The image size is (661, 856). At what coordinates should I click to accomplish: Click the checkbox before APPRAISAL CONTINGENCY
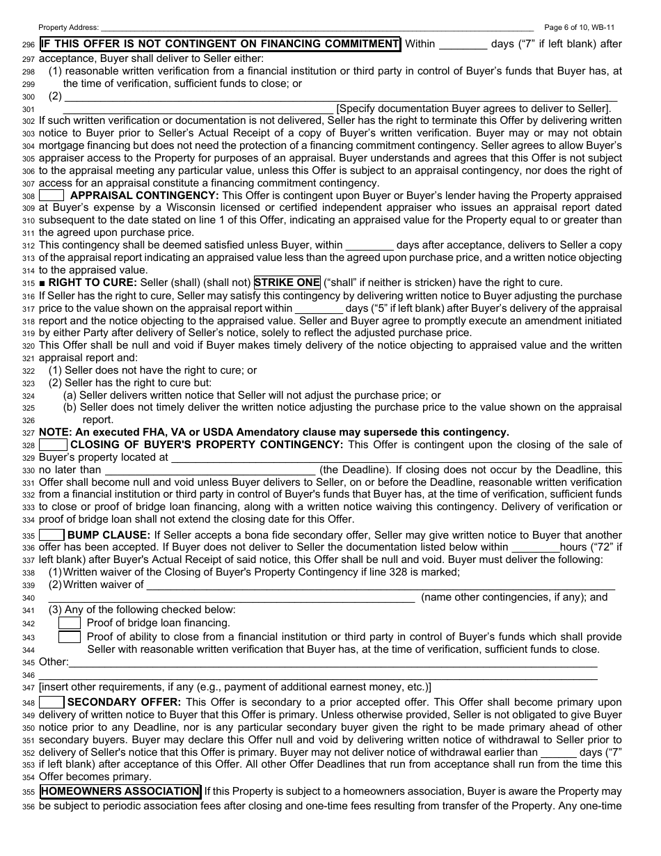click(51, 196)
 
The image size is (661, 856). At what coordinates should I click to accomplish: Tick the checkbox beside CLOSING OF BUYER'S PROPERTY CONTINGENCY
click(53, 445)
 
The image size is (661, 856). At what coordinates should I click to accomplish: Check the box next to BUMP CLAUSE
click(51, 535)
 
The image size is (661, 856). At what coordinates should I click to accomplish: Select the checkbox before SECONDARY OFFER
click(51, 702)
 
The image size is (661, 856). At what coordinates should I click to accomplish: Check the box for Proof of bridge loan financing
click(69, 623)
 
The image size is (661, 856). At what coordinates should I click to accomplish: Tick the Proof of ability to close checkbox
click(69, 637)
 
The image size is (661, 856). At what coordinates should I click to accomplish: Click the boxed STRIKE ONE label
click(287, 283)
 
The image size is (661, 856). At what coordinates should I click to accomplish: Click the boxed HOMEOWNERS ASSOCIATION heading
click(120, 791)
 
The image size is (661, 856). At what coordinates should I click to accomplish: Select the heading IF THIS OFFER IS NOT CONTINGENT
click(220, 44)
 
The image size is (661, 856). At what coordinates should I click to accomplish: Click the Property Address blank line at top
click(317, 27)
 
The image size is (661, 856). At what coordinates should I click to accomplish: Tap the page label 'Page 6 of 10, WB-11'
click(579, 27)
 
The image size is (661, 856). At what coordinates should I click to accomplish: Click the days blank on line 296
click(463, 45)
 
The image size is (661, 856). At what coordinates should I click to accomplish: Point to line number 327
click(29, 432)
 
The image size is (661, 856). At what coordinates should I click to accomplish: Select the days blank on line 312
click(369, 245)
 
